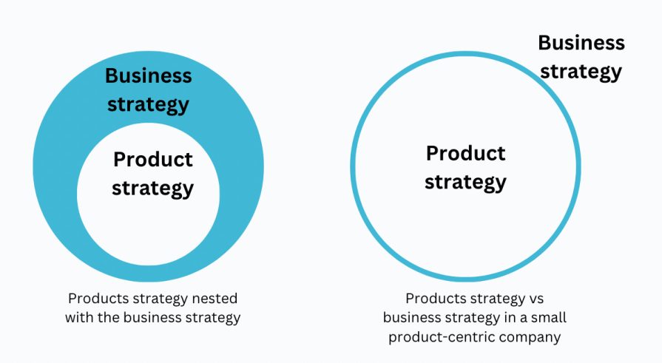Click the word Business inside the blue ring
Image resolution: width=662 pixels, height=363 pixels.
click(x=148, y=76)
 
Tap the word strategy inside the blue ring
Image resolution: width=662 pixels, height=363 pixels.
click(x=148, y=104)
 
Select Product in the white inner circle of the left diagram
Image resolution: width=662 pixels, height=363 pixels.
click(x=152, y=159)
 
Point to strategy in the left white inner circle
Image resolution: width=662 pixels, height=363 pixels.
click(x=152, y=187)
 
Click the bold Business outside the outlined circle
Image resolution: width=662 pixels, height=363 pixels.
click(x=581, y=43)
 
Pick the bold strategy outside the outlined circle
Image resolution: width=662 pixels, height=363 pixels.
click(x=581, y=71)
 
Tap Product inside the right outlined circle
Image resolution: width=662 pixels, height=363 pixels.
click(x=465, y=153)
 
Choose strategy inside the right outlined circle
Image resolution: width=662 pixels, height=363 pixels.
click(x=465, y=181)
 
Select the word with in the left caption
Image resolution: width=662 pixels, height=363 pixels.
click(x=78, y=319)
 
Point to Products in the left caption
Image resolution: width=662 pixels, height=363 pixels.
click(x=96, y=299)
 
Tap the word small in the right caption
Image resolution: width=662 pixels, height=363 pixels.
click(x=547, y=319)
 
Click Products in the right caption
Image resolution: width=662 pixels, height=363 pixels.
click(x=433, y=299)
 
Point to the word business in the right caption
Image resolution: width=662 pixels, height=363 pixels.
click(x=410, y=319)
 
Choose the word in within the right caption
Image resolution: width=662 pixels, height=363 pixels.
click(x=507, y=319)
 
